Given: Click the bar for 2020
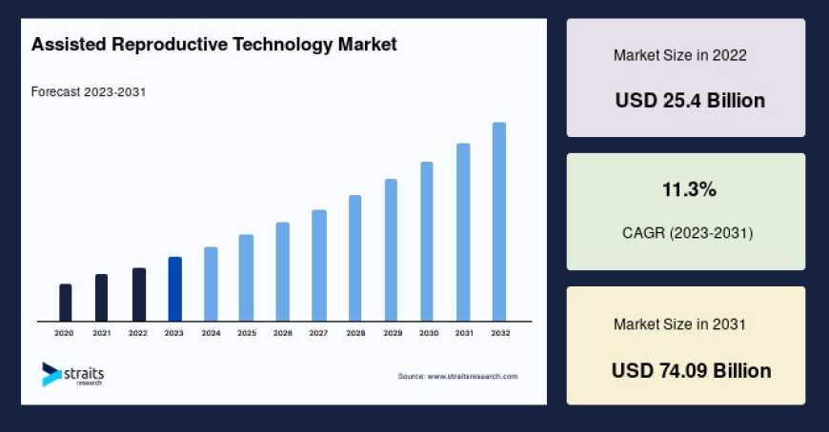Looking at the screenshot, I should pos(65,303).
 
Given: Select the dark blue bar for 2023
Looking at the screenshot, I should pos(174,289).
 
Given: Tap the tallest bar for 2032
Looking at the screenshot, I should pos(499,222).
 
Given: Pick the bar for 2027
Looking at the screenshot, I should pos(319,265).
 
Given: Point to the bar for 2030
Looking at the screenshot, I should pos(427,242).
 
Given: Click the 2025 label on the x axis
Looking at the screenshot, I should pos(247,333).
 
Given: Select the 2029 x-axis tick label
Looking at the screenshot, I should pos(392,333).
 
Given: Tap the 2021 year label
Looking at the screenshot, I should pos(101,333).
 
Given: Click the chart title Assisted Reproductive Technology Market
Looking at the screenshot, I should pos(214,45).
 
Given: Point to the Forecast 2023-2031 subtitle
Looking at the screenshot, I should pos(88,92).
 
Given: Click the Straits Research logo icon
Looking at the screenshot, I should pos(51,374).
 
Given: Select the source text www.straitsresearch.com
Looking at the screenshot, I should pos(457,377).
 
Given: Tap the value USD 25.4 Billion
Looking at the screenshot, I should pos(690,100).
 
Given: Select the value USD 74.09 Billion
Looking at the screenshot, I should pos(691,370).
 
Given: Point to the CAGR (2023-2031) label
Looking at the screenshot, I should pos(686,232).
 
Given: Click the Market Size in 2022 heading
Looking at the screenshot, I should pos(679,55).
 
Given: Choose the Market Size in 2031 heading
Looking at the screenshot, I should pos(679,324).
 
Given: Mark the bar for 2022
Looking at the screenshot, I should pos(138,295).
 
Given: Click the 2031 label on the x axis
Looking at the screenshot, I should pos(464,333).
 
